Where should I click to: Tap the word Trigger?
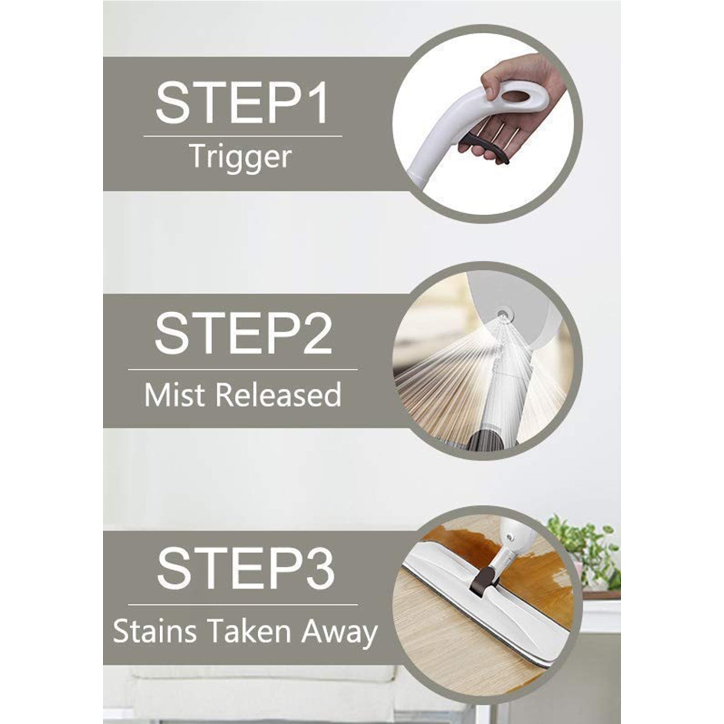click(x=240, y=157)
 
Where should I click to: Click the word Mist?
click(x=176, y=394)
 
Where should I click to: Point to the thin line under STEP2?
click(x=242, y=370)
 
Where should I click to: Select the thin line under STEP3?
click(x=242, y=604)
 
